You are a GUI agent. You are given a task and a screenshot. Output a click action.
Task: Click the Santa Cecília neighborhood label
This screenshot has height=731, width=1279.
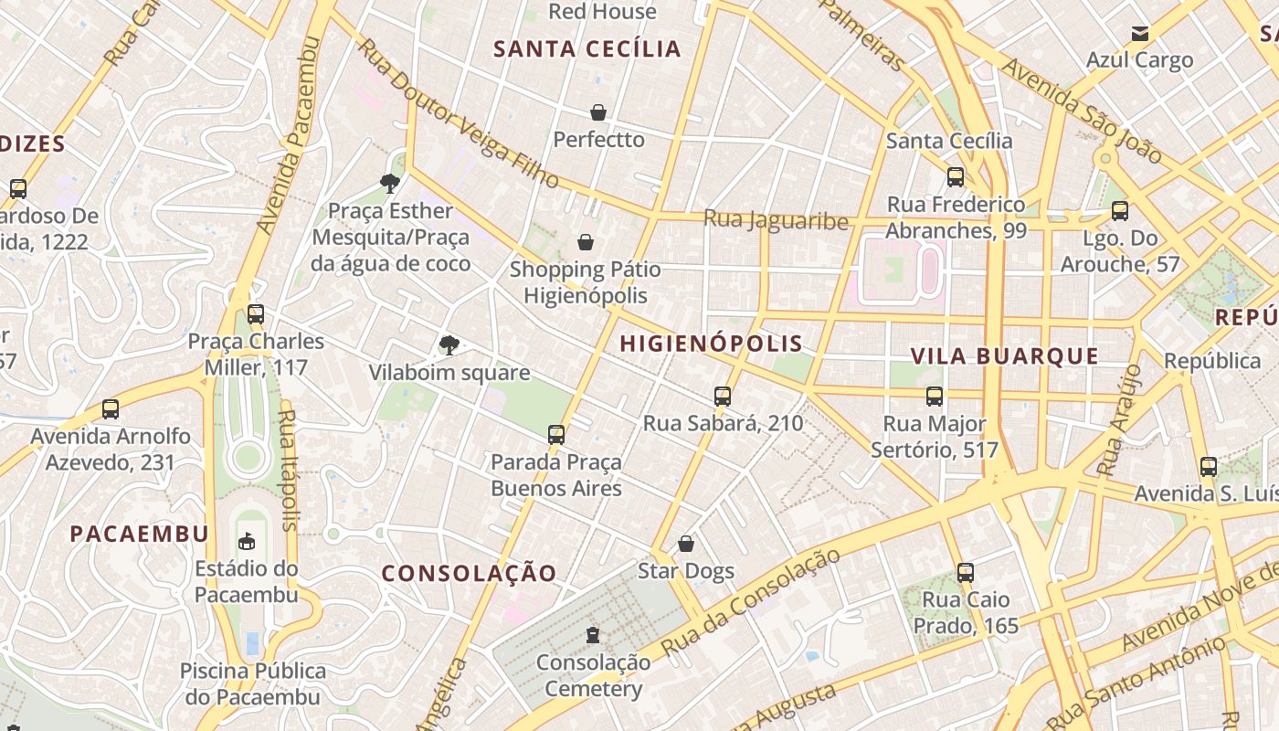click(587, 49)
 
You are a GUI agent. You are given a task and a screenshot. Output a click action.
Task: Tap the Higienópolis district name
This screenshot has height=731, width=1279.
click(711, 344)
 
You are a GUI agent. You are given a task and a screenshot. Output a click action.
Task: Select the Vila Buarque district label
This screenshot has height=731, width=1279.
click(1005, 356)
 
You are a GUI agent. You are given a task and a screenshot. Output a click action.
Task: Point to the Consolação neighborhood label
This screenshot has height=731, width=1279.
click(469, 574)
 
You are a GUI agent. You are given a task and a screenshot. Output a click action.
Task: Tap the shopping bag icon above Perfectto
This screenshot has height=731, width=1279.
click(598, 112)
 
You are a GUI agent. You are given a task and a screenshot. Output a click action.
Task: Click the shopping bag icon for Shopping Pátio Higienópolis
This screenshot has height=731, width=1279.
click(586, 242)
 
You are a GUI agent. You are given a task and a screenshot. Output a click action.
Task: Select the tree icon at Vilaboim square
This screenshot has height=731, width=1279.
click(449, 344)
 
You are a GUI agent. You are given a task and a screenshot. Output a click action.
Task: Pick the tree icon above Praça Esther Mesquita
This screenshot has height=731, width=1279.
click(390, 184)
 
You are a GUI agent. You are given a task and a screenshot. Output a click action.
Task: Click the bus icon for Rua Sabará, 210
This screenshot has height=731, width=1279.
click(723, 397)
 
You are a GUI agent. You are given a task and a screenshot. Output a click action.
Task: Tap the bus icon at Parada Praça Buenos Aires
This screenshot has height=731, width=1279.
click(556, 435)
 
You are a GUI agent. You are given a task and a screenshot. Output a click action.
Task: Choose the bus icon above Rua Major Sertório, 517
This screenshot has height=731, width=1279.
click(935, 397)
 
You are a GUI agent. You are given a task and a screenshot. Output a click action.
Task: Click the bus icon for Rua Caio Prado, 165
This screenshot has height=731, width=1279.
click(966, 573)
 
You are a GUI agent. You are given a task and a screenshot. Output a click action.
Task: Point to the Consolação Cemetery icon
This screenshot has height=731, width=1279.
click(593, 634)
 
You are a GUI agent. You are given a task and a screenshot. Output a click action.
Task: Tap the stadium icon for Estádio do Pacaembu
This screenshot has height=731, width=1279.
click(247, 541)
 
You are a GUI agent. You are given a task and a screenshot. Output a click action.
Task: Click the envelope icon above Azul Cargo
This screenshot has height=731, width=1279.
click(1140, 34)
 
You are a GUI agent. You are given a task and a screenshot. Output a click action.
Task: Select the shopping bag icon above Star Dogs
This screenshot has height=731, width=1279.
click(686, 545)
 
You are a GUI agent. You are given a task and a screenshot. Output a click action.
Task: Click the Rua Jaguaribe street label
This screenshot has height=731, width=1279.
click(776, 220)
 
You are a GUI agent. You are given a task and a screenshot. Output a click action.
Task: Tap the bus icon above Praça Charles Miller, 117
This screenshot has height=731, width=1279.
click(256, 314)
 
